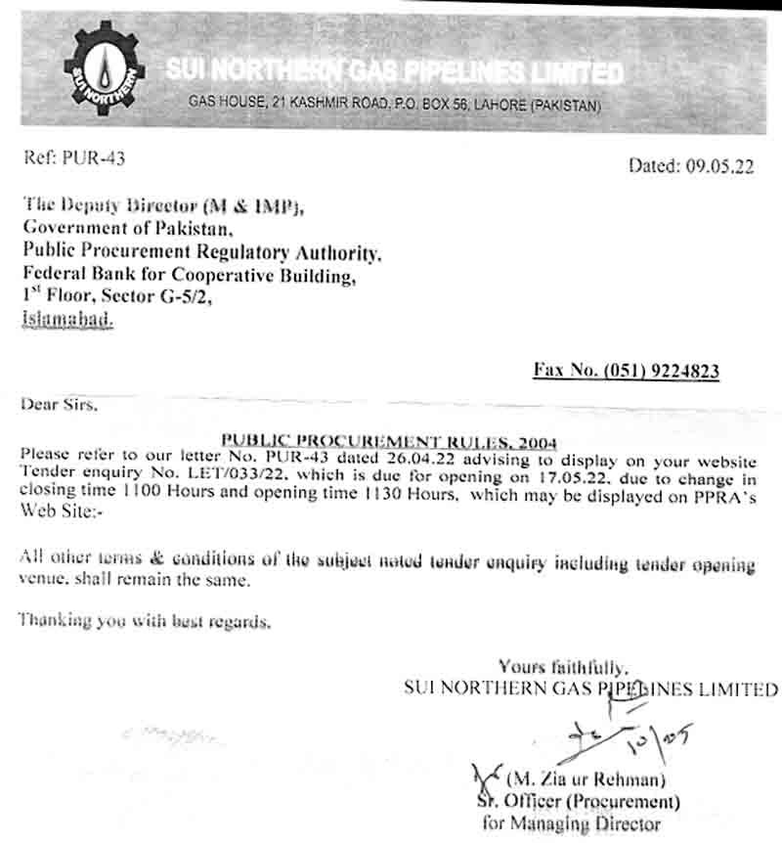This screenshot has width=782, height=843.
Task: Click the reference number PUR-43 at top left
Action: point(94,156)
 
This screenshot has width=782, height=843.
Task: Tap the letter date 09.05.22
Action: point(718,166)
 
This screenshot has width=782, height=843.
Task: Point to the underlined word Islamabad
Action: point(66,319)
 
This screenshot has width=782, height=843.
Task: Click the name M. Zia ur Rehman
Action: point(586,780)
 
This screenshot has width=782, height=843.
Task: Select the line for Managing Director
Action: point(572,823)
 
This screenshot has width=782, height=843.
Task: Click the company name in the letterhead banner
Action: point(394,71)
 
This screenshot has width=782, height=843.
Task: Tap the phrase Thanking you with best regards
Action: point(144,620)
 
